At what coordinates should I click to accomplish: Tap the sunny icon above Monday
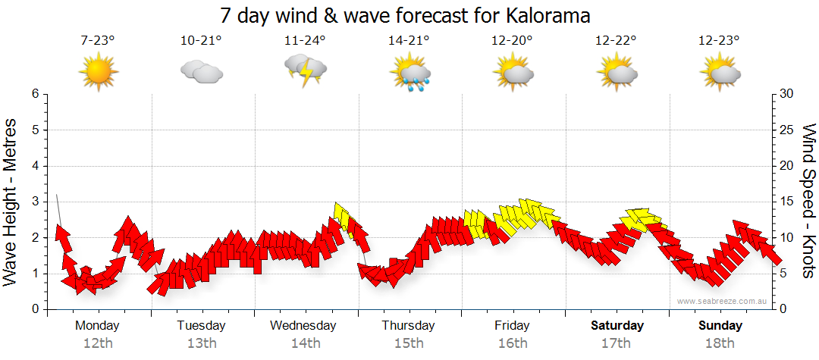pos(99,72)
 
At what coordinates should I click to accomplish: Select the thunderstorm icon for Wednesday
pos(306,70)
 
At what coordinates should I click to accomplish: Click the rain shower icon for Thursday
pos(409,72)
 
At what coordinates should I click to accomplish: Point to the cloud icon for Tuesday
pos(201,72)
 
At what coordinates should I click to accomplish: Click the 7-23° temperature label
pos(98,40)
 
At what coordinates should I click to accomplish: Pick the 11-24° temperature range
pos(305,40)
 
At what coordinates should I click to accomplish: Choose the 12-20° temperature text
pos(513,40)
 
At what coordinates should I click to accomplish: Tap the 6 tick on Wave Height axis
pos(35,94)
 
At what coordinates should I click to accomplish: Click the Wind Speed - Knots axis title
pos(808,202)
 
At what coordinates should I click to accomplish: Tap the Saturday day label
pos(617,326)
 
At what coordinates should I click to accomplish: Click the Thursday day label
pos(408,326)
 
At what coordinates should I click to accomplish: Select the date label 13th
pos(201,343)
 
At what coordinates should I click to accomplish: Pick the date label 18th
pos(720,343)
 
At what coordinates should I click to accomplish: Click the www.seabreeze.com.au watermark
pos(723,301)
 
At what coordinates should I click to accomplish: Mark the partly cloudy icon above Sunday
pos(720,72)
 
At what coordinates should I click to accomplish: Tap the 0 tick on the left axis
pos(35,309)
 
